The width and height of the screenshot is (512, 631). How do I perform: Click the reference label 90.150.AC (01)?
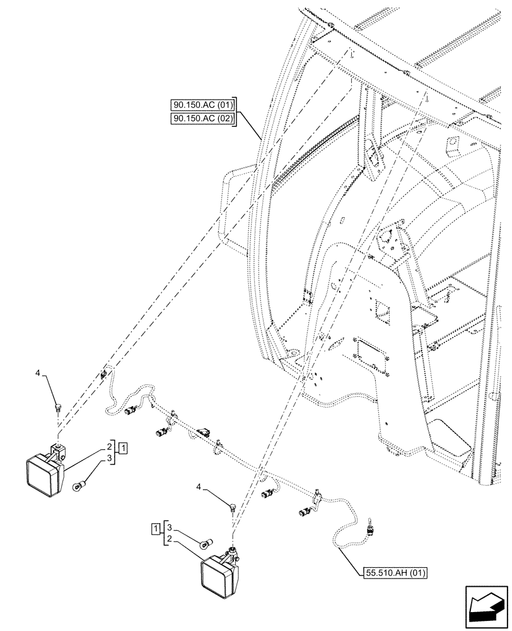click(x=202, y=105)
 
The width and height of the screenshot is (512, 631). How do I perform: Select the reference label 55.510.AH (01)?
click(x=395, y=573)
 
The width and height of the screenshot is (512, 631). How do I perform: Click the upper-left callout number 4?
click(x=38, y=374)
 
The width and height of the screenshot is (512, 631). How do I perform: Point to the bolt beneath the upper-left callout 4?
click(x=58, y=407)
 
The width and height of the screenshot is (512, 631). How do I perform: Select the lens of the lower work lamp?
click(x=217, y=577)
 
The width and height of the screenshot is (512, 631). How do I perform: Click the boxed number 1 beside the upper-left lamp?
click(x=124, y=448)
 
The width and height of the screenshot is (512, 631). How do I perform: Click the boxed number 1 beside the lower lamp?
click(x=154, y=527)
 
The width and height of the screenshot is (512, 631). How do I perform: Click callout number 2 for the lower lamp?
click(x=168, y=538)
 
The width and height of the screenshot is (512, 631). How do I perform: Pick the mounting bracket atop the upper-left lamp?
click(x=59, y=450)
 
